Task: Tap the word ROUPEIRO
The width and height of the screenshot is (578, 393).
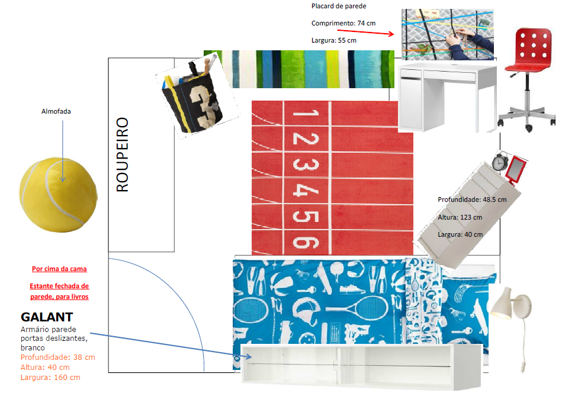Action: click(122, 154)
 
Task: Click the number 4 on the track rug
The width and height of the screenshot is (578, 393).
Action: click(303, 191)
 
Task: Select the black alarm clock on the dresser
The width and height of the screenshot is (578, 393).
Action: click(500, 160)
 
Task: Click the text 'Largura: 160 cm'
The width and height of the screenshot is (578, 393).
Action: click(50, 377)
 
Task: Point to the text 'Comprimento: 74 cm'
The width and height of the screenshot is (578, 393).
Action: click(343, 23)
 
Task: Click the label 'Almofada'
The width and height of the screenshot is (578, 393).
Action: click(56, 111)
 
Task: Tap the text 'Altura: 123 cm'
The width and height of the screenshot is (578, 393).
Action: click(460, 217)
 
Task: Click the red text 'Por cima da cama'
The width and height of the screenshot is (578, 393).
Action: click(59, 269)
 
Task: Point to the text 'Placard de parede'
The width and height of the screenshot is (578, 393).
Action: click(339, 6)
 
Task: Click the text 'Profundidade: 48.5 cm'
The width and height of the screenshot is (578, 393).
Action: click(472, 199)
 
